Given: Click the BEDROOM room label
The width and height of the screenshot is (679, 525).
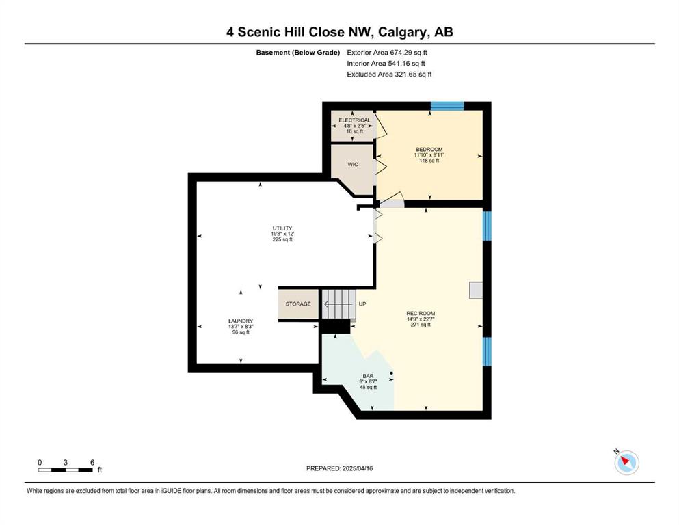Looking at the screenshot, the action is click(x=429, y=149).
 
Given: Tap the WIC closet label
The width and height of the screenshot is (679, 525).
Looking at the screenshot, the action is click(x=353, y=165).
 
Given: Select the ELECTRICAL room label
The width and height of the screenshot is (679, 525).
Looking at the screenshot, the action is click(x=354, y=120).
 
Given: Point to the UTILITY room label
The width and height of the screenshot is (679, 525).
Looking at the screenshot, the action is click(x=282, y=228).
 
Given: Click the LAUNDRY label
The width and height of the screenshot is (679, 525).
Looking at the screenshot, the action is click(x=241, y=321).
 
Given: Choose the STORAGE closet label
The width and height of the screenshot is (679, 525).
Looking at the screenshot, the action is click(x=298, y=304).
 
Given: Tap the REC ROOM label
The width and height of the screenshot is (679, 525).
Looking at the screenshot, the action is click(x=421, y=313).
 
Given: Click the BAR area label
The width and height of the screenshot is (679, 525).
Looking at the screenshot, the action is click(x=368, y=376).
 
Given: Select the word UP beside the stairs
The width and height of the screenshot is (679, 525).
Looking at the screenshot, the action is click(x=362, y=304).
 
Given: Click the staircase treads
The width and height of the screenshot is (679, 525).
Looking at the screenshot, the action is click(x=339, y=304).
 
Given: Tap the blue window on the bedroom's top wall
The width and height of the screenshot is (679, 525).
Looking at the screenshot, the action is click(x=447, y=106).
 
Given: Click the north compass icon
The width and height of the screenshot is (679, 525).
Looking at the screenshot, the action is click(x=626, y=462).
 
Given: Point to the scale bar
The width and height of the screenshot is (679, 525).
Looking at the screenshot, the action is click(x=66, y=470).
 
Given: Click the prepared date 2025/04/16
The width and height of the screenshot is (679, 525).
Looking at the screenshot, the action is click(x=357, y=468).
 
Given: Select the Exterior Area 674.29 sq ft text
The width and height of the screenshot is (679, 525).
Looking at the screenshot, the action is click(x=387, y=53).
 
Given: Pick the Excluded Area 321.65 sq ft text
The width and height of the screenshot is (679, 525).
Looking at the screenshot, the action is click(x=389, y=74).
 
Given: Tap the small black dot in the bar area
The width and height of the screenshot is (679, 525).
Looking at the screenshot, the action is click(x=391, y=373).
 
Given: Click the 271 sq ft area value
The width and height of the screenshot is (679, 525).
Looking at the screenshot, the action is click(x=421, y=325).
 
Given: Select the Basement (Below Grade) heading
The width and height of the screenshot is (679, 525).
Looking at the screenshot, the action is click(x=298, y=53).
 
